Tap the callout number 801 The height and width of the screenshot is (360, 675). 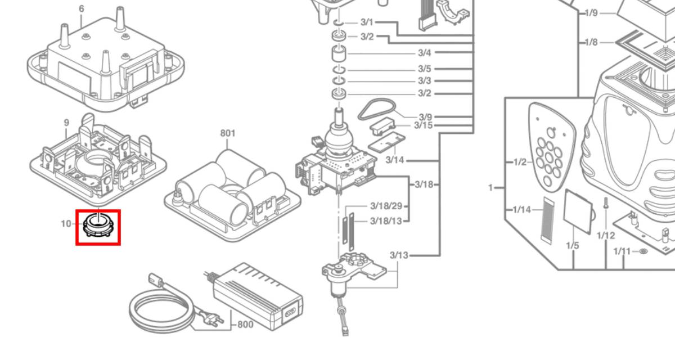coord(228,133)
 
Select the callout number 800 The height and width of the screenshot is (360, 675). coord(245,325)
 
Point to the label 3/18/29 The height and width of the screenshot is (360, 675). coord(386,206)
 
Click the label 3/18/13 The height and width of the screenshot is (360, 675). coord(386,221)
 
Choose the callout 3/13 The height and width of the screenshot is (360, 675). coord(399,255)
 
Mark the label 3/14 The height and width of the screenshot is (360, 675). coord(395,160)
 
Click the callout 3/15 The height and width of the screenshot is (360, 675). coord(424,125)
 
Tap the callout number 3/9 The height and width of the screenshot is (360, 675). coord(425,117)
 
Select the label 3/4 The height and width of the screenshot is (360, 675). coord(425,53)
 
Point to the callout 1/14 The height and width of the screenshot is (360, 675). coord(522,209)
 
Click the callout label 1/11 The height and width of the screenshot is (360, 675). coord(622,251)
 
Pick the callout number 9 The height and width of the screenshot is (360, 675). coord(66,123)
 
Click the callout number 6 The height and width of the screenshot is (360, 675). coord(82,9)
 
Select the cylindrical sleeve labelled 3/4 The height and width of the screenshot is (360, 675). coord(339,53)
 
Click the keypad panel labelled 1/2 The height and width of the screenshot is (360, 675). coord(552,147)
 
